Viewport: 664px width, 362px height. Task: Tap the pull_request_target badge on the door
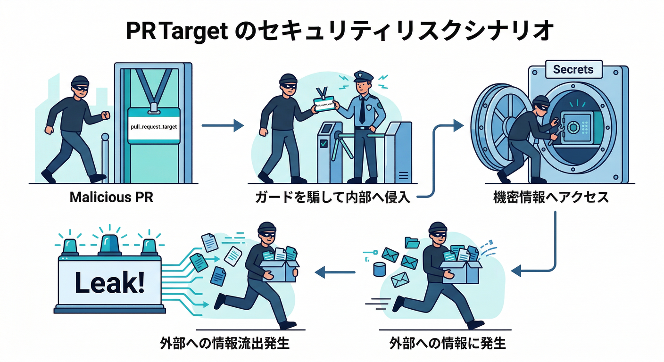tap(154, 126)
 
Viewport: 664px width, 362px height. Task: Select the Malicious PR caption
tap(111, 197)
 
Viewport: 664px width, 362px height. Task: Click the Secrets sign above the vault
tap(573, 70)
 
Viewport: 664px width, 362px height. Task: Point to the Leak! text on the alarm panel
tap(110, 283)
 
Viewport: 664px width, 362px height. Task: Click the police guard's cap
tap(364, 76)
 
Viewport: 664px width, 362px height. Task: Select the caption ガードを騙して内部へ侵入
tap(332, 197)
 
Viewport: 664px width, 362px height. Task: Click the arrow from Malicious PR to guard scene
tap(222, 125)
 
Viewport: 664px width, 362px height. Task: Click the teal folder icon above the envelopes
tap(412, 242)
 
